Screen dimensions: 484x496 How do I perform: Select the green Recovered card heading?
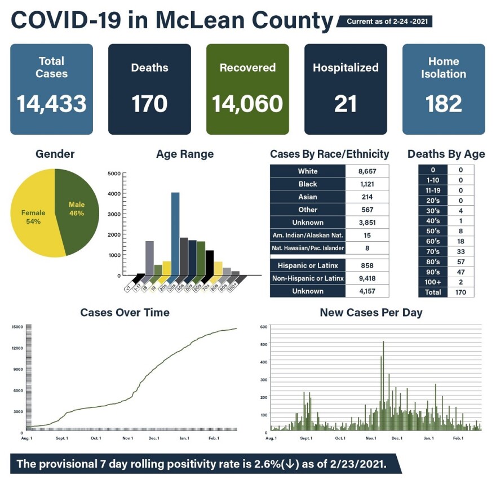[x=247, y=68]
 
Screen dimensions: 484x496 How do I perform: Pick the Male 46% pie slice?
[x=77, y=208]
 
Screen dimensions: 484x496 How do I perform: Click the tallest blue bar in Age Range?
[x=175, y=234]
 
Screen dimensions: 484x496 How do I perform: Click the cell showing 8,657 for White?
[x=366, y=171]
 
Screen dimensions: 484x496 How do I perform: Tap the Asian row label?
[x=308, y=197]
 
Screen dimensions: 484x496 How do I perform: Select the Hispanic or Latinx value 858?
[x=366, y=265]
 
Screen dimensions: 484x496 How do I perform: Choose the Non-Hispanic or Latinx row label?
[x=308, y=278]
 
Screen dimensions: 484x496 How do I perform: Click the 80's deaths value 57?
[x=460, y=262]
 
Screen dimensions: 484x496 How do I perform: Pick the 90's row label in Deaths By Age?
[x=433, y=272]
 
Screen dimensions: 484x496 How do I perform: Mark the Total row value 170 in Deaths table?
[x=460, y=292]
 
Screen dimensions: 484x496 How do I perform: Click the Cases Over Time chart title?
[x=125, y=312]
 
